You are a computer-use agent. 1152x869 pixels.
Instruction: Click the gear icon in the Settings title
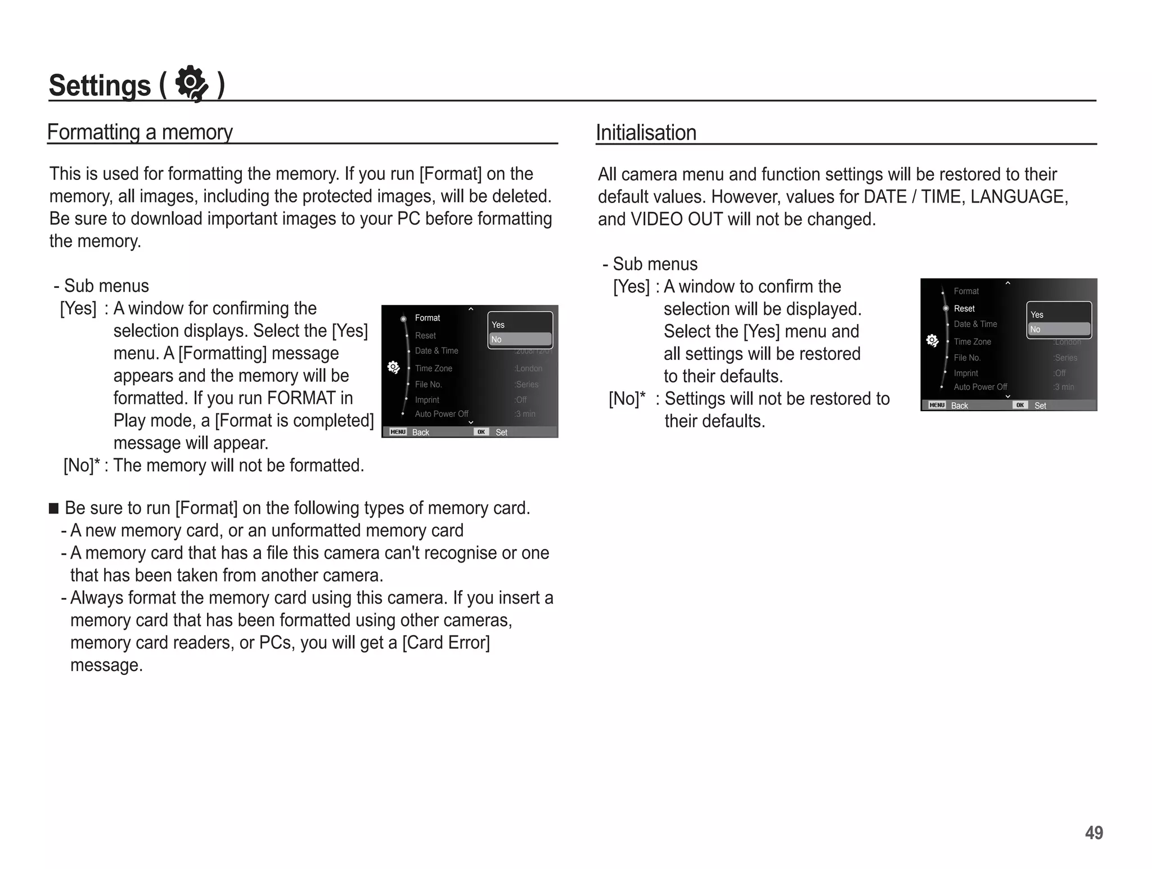pyautogui.click(x=192, y=84)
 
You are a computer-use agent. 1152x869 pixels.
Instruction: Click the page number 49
pyautogui.click(x=1093, y=832)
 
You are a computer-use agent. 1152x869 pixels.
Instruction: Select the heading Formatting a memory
pyautogui.click(x=139, y=132)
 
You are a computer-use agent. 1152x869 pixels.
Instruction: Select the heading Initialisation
pyautogui.click(x=646, y=133)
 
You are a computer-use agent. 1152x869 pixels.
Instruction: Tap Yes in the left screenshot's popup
pyautogui.click(x=498, y=325)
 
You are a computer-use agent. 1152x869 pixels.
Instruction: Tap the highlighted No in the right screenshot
pyautogui.click(x=1059, y=330)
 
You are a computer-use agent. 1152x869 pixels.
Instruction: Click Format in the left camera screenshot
pyautogui.click(x=427, y=318)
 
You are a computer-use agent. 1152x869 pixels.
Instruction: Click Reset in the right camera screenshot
pyautogui.click(x=964, y=308)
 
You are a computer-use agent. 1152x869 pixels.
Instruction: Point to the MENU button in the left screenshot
pyautogui.click(x=398, y=432)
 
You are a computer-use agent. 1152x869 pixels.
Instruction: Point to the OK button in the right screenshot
pyautogui.click(x=1020, y=405)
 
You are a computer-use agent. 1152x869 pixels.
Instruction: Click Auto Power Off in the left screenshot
pyautogui.click(x=442, y=414)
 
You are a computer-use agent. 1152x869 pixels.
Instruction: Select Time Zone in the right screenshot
pyautogui.click(x=972, y=341)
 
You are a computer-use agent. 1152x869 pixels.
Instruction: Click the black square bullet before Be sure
pyautogui.click(x=54, y=508)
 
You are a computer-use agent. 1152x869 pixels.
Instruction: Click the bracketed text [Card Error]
pyautogui.click(x=446, y=642)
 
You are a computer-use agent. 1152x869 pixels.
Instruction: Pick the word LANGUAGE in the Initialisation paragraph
pyautogui.click(x=1019, y=197)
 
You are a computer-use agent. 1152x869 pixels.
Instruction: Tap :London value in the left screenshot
pyautogui.click(x=528, y=368)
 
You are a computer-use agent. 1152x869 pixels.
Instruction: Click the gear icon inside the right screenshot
pyautogui.click(x=932, y=340)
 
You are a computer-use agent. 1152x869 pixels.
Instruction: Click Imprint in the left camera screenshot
pyautogui.click(x=427, y=400)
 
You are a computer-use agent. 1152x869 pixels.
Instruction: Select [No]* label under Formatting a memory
pyautogui.click(x=82, y=465)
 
